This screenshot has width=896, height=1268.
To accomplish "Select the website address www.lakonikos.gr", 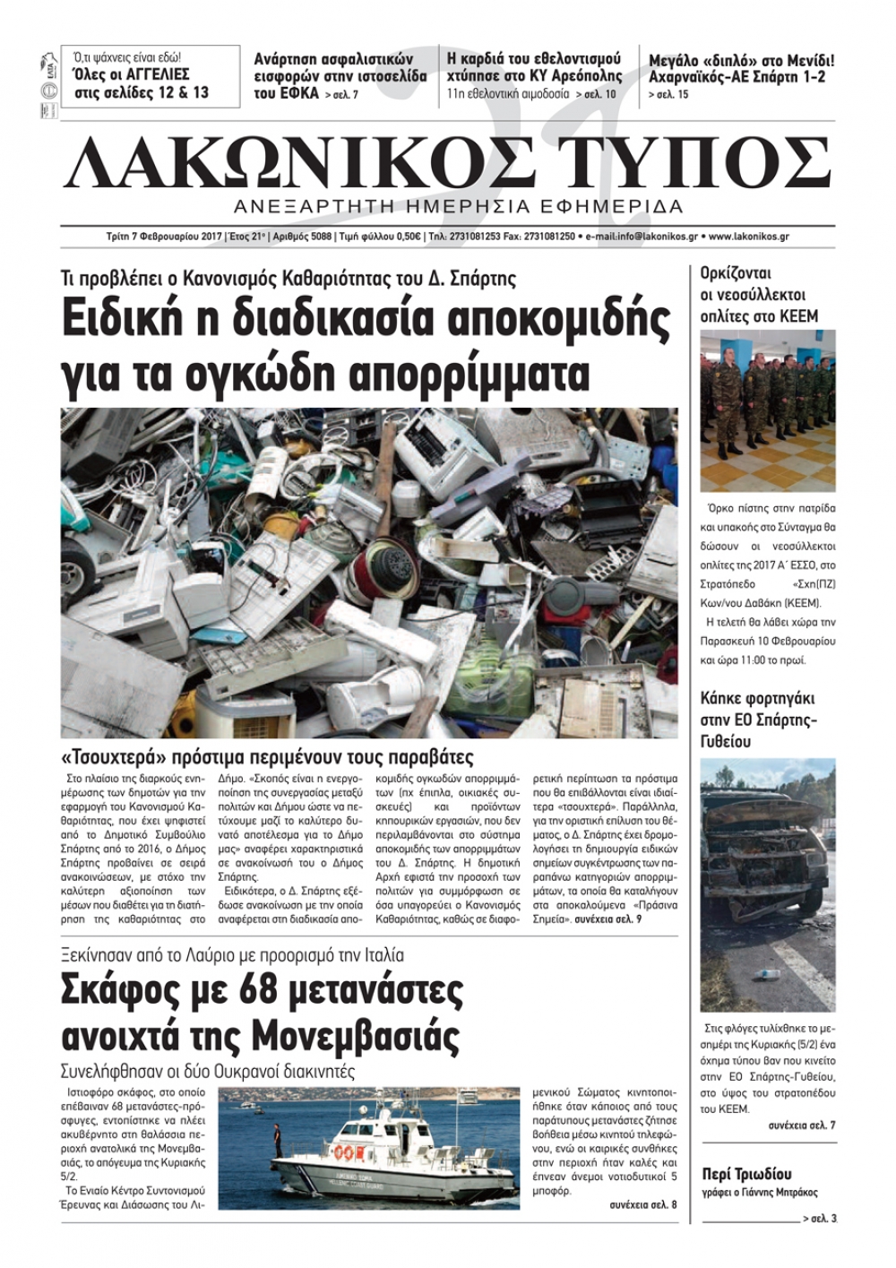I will click(x=748, y=237).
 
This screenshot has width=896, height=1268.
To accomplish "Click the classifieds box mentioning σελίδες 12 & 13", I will click(x=150, y=77).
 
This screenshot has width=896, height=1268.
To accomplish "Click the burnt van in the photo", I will click(x=762, y=860).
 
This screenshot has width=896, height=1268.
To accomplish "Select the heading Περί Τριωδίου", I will click(x=746, y=1174).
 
